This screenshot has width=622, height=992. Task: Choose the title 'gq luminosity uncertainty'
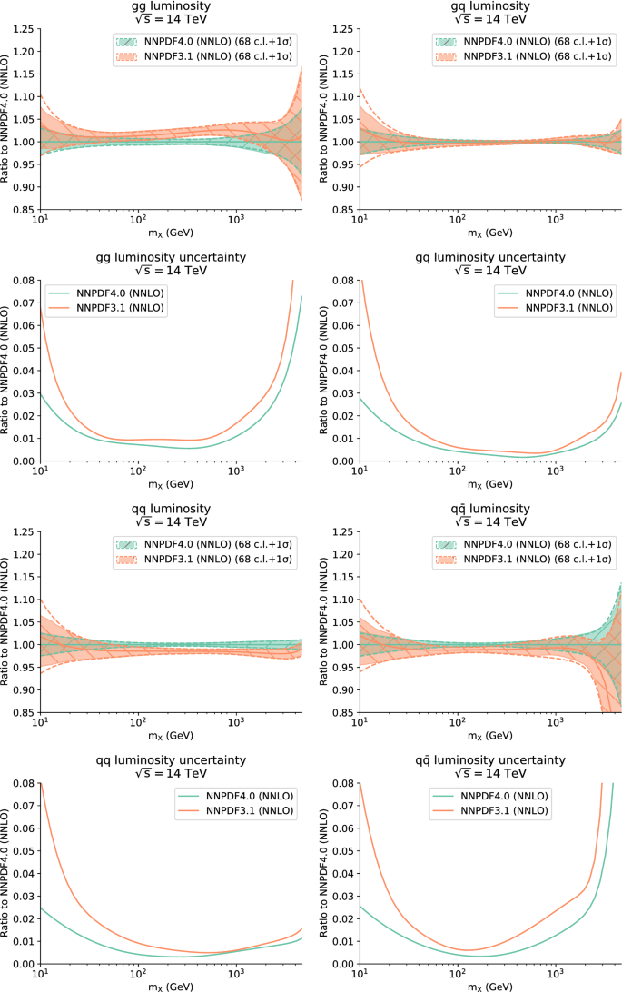(490, 257)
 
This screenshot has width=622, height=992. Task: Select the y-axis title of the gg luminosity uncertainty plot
(6, 371)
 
